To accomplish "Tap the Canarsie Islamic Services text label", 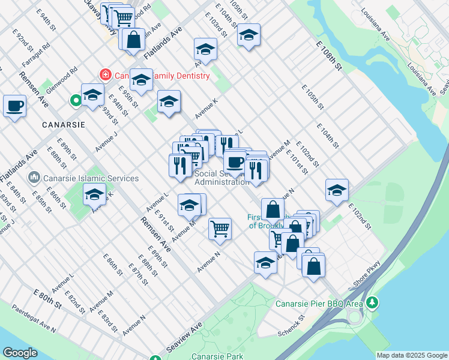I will [91, 178].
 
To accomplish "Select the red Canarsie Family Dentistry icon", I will [106, 76].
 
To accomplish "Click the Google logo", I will [20, 353].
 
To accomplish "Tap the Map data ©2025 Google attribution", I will [411, 355].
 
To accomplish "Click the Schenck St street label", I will [292, 332].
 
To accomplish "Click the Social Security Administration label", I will [221, 178].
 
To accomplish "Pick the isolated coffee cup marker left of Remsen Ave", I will [14, 106].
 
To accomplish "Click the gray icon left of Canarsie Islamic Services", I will [34, 178].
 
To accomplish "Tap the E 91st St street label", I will [164, 220].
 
